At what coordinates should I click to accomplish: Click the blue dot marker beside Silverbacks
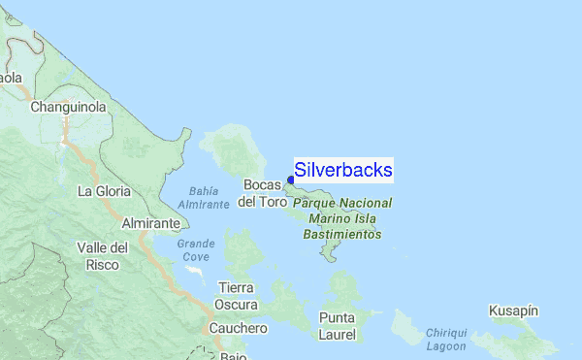(x=291, y=179)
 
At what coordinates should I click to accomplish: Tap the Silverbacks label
(x=343, y=171)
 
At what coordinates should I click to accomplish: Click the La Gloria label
(x=104, y=191)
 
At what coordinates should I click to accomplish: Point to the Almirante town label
(x=149, y=223)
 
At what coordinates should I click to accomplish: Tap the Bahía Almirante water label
(x=204, y=197)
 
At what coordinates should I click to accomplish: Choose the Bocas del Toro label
(x=263, y=193)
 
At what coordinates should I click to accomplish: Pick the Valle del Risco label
(x=102, y=256)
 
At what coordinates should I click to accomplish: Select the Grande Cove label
(x=195, y=250)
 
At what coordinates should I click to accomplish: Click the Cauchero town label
(x=234, y=329)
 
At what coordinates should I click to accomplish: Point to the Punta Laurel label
(x=338, y=326)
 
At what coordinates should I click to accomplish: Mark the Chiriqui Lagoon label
(x=446, y=339)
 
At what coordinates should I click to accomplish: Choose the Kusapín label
(x=516, y=310)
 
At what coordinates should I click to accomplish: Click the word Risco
(x=102, y=264)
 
